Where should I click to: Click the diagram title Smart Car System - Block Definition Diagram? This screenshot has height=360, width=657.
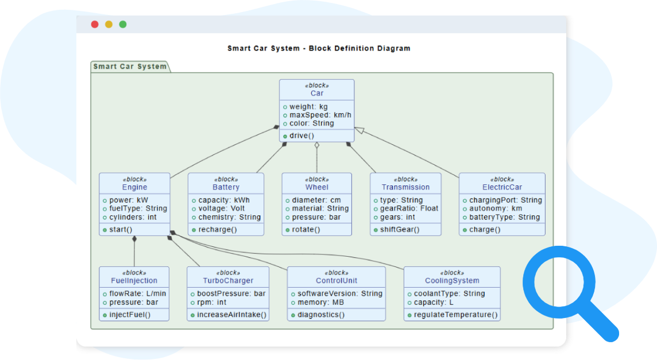(x=319, y=48)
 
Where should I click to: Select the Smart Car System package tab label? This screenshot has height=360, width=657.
(x=130, y=67)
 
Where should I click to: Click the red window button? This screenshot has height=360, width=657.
(x=95, y=25)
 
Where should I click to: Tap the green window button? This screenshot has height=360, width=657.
(x=122, y=25)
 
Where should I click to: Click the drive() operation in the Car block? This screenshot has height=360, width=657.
(x=302, y=136)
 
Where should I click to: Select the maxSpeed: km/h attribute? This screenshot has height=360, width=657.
(x=320, y=115)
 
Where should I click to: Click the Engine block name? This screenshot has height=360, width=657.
(x=134, y=187)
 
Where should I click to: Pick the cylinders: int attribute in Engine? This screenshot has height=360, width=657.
(x=133, y=217)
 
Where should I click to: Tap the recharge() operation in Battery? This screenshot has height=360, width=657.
(x=218, y=230)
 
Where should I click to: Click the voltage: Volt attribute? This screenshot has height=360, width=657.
(x=221, y=208)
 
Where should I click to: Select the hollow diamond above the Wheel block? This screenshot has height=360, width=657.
(x=316, y=146)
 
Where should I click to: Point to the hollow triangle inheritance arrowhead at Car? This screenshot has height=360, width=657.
(x=359, y=131)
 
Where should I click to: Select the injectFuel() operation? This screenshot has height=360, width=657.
(x=130, y=315)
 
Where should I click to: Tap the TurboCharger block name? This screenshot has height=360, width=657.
(x=228, y=281)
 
